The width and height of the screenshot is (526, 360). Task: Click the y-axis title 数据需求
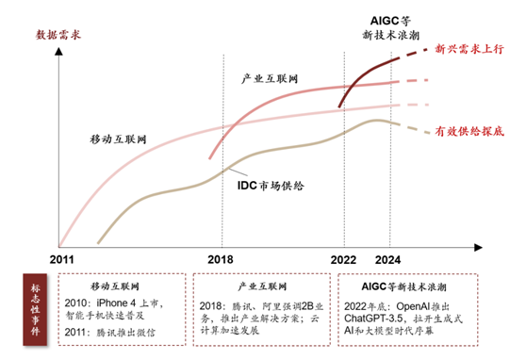tap(58, 35)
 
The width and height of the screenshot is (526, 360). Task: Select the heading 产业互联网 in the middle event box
tap(261, 284)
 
